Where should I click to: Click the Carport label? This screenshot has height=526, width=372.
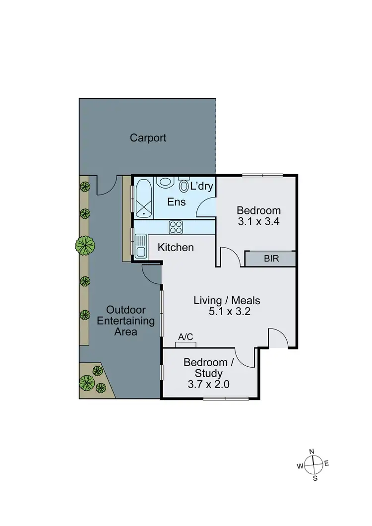pos(148,138)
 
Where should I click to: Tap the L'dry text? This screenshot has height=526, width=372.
pos(202,187)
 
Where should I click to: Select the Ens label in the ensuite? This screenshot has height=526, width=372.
pos(177,202)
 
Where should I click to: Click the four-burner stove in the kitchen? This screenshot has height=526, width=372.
pos(176,227)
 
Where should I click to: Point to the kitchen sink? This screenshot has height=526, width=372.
pos(140,247)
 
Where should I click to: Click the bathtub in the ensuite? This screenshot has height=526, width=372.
pos(143,198)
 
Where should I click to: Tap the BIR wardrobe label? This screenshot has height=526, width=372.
pos(270,259)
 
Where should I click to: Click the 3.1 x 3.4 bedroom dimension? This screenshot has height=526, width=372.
pos(258,222)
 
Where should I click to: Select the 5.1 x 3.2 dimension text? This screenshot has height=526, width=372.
pos(226,313)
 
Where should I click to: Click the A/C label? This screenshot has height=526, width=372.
pos(186,337)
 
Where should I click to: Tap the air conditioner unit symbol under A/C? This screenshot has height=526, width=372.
pos(186,344)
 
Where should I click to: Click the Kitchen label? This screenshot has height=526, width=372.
pos(176,247)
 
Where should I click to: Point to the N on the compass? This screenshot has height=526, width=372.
pos(312,451)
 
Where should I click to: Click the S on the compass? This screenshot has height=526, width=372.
pos(315,479)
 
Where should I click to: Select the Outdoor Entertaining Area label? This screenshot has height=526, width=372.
pos(119,321)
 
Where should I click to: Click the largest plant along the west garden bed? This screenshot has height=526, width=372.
pos(86,245)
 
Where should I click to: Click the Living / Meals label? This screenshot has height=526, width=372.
pos(227,300)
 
